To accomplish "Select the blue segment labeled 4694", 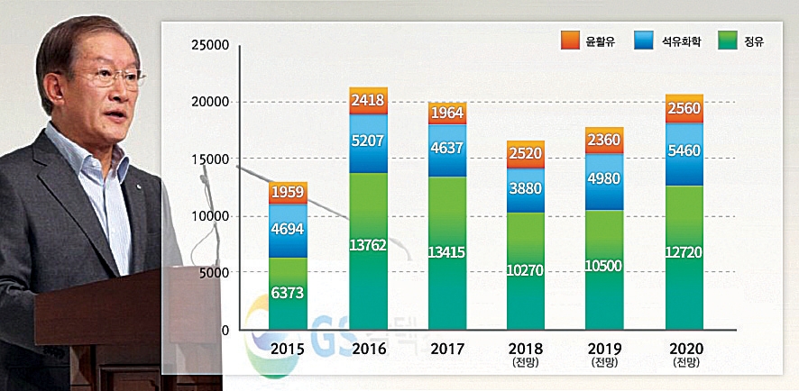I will (x=288, y=230).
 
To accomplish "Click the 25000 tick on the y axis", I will (x=208, y=45).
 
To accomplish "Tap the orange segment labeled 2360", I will (x=605, y=141).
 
